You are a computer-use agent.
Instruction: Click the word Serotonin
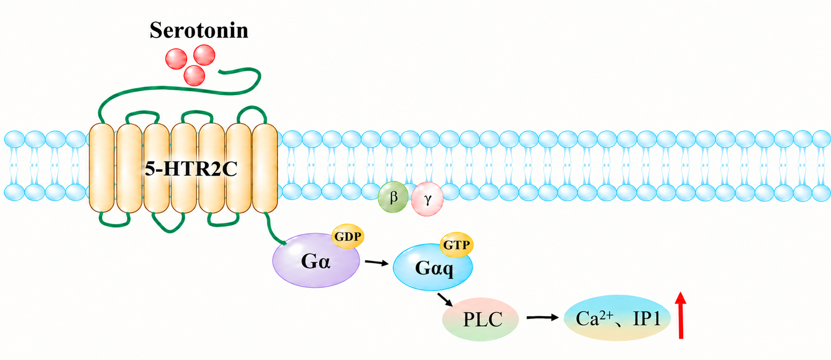click(x=199, y=30)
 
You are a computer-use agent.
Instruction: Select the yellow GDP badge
click(x=348, y=236)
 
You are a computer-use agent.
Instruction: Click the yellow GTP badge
click(x=456, y=245)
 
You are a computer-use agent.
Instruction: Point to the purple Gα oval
click(x=315, y=261)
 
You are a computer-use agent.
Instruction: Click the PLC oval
click(x=480, y=319)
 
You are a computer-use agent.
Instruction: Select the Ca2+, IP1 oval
click(x=617, y=318)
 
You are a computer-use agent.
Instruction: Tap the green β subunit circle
click(x=393, y=197)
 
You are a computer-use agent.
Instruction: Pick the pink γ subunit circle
click(x=427, y=199)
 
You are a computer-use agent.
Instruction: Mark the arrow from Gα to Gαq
click(x=376, y=263)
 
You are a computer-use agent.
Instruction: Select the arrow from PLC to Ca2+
click(x=542, y=318)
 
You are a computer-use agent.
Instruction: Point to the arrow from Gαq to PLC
click(x=445, y=299)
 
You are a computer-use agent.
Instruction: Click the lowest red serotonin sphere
click(x=194, y=75)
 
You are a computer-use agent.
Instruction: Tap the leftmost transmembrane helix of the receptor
click(x=102, y=168)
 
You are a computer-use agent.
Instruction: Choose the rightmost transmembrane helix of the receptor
click(x=265, y=168)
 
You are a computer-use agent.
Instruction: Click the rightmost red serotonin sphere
click(x=204, y=55)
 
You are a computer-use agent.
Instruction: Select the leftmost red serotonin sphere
click(x=176, y=59)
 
